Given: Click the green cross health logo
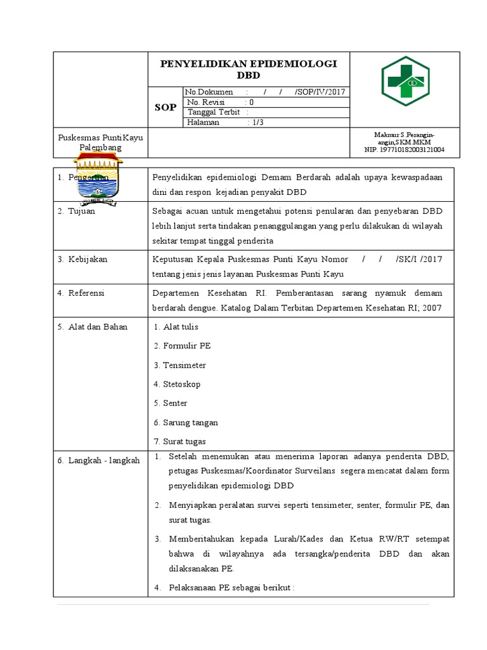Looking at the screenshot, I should point(406,81).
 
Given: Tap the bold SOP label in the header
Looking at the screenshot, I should point(166,107).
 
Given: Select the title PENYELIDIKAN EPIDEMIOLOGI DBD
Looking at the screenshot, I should point(249,69).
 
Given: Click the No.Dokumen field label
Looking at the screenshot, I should point(210,92).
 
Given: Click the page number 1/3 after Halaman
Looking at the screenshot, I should point(258,123).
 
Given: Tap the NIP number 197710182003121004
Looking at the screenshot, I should point(404,150).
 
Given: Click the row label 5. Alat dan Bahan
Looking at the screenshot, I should point(93,327).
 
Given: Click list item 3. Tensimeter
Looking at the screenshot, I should point(180,366).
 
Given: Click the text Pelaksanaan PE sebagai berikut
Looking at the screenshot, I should point(231,588).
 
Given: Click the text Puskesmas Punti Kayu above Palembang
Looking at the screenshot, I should point(100,138).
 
